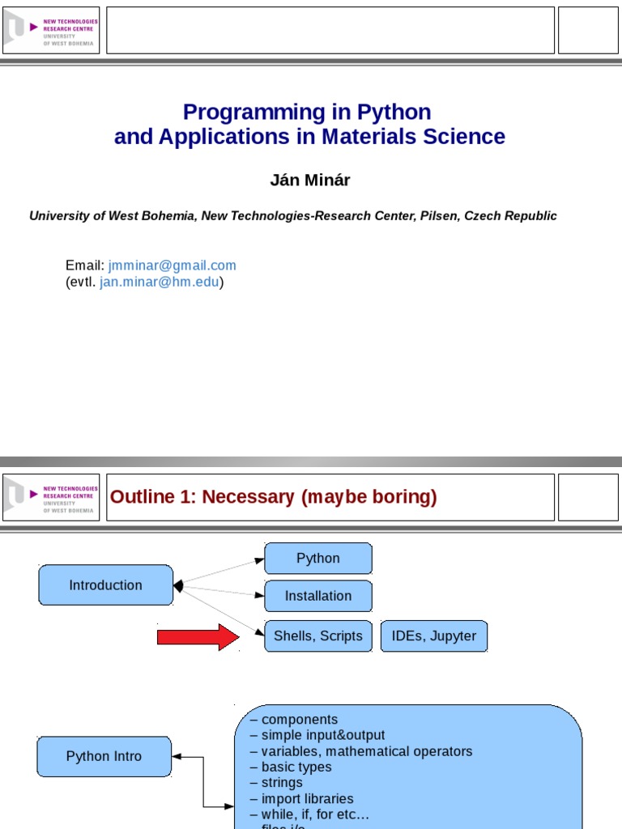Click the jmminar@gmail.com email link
(x=173, y=266)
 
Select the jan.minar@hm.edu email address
(x=160, y=282)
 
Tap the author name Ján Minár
(x=310, y=181)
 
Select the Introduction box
(x=106, y=585)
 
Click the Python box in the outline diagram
(x=318, y=559)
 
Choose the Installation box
(x=318, y=596)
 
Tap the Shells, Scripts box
(x=318, y=636)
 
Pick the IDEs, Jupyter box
(x=434, y=636)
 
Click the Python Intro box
(x=104, y=756)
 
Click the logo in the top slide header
(x=51, y=31)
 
